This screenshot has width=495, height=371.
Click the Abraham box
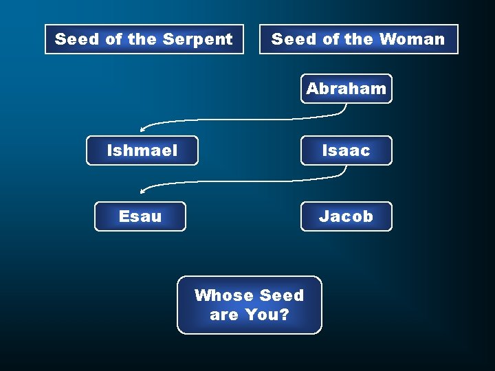[346, 89]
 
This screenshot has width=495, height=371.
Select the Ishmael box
[142, 150]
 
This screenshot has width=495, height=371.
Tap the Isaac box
[346, 150]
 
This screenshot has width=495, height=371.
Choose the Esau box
[140, 216]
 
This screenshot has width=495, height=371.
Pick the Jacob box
[346, 216]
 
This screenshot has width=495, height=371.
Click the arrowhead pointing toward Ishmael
[143, 128]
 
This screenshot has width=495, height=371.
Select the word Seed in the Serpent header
[76, 39]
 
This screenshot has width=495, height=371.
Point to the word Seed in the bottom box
[281, 295]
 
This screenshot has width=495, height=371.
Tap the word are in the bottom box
[224, 315]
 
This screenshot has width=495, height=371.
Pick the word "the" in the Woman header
[359, 39]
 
